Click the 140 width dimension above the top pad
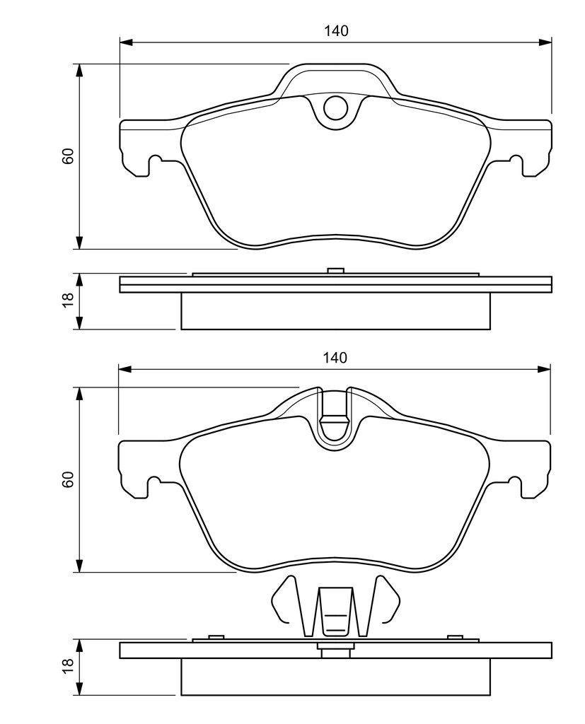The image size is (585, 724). click(335, 31)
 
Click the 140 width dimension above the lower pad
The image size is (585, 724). click(335, 357)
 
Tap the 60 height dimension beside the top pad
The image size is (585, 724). click(68, 156)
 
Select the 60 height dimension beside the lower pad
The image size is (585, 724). click(68, 480)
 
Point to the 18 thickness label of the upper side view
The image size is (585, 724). click(68, 300)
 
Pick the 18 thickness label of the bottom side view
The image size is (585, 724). click(68, 666)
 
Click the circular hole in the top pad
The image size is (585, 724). click(335, 107)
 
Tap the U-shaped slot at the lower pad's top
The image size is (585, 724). click(335, 418)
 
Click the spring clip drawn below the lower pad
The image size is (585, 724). click(335, 606)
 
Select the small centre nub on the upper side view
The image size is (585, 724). click(335, 270)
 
